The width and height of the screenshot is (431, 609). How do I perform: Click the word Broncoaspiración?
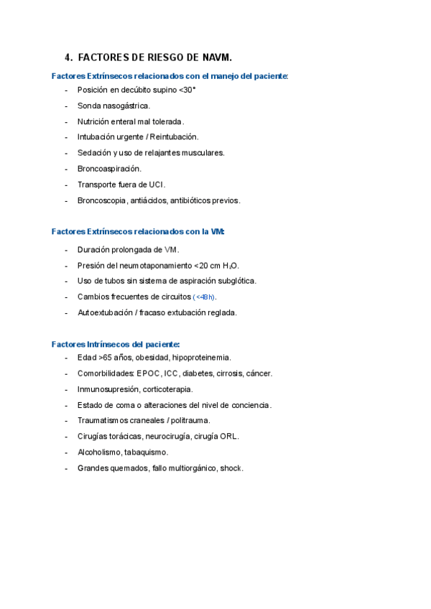[109, 168]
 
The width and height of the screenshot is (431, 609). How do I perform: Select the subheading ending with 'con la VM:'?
[139, 231]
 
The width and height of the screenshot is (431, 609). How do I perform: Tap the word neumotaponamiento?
[154, 265]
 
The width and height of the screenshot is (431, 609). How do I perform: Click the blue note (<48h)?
[205, 297]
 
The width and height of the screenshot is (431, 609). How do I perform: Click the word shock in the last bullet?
[231, 468]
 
